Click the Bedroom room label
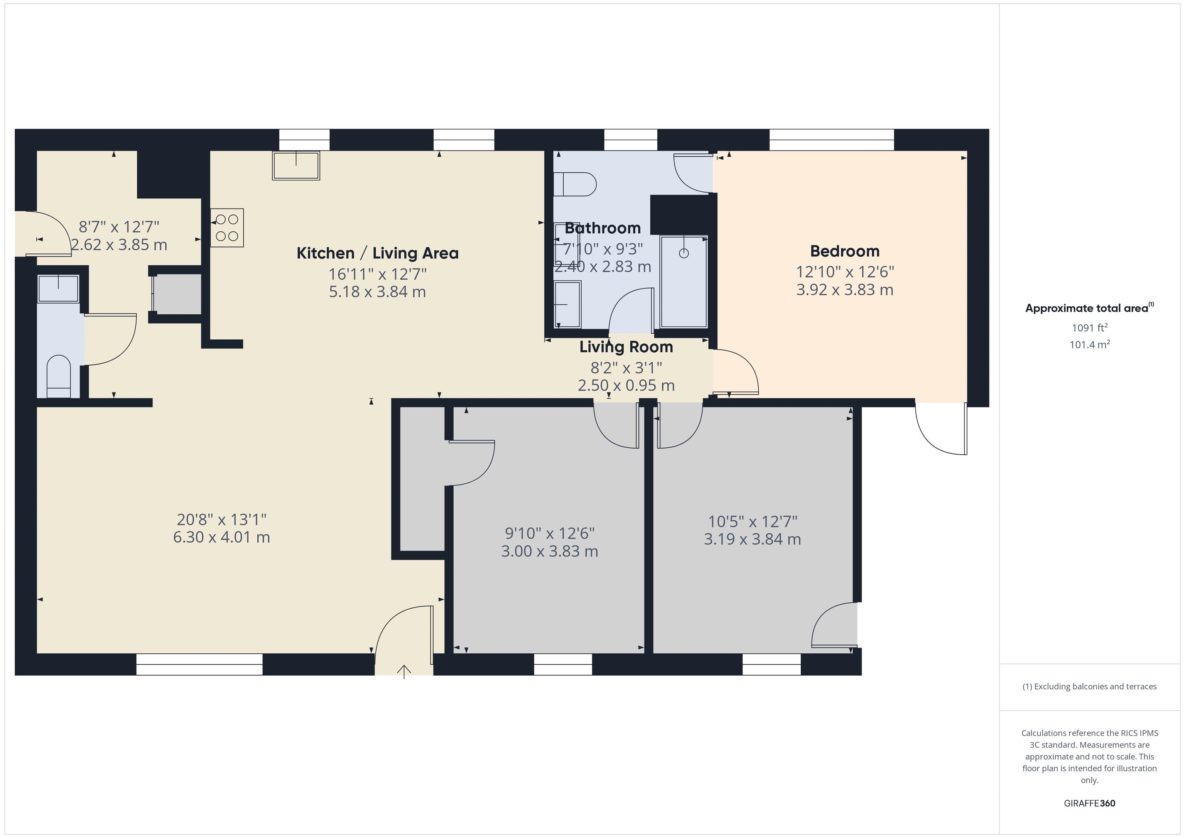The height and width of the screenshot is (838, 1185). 844,251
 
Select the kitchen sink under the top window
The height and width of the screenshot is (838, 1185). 296,165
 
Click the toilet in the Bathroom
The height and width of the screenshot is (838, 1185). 574,184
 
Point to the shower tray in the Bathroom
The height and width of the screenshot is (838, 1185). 683,281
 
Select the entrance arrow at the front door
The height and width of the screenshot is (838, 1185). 403,671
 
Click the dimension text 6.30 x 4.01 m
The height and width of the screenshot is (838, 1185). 221,537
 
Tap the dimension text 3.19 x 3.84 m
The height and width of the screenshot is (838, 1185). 752,539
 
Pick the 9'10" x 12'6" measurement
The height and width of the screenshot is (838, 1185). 549,533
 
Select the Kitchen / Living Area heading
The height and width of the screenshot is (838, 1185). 377,253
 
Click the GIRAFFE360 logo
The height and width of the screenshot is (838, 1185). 1089,803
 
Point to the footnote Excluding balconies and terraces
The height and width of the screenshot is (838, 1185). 1089,686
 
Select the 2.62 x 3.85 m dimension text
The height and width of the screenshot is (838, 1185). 119,244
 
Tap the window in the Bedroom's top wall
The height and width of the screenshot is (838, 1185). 831,139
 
